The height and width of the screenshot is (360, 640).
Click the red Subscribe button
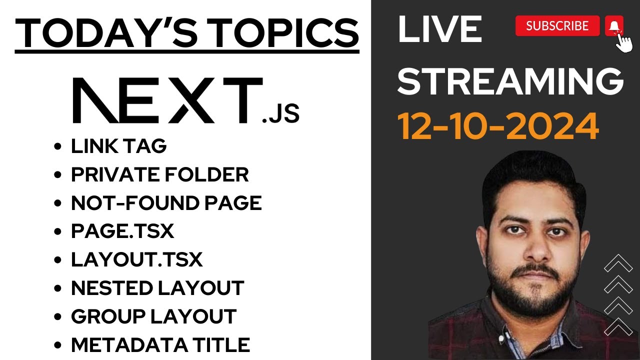point(557,26)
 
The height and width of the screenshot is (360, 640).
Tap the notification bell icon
point(614,25)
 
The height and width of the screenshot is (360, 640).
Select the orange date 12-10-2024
point(498,126)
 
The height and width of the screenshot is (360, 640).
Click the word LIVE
point(439,30)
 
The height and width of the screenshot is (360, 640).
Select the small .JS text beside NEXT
point(280,114)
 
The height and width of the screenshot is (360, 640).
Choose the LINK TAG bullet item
point(118,146)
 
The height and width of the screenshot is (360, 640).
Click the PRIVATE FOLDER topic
point(159,174)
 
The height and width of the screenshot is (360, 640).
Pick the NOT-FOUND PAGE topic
point(166,203)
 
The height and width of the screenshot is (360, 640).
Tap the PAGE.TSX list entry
point(122,231)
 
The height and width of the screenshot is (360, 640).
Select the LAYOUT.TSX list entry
point(136,260)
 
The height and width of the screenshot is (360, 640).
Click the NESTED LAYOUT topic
point(157,288)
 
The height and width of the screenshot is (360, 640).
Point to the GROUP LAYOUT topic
point(153,316)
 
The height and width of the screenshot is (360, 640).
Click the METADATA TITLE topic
point(160,345)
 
